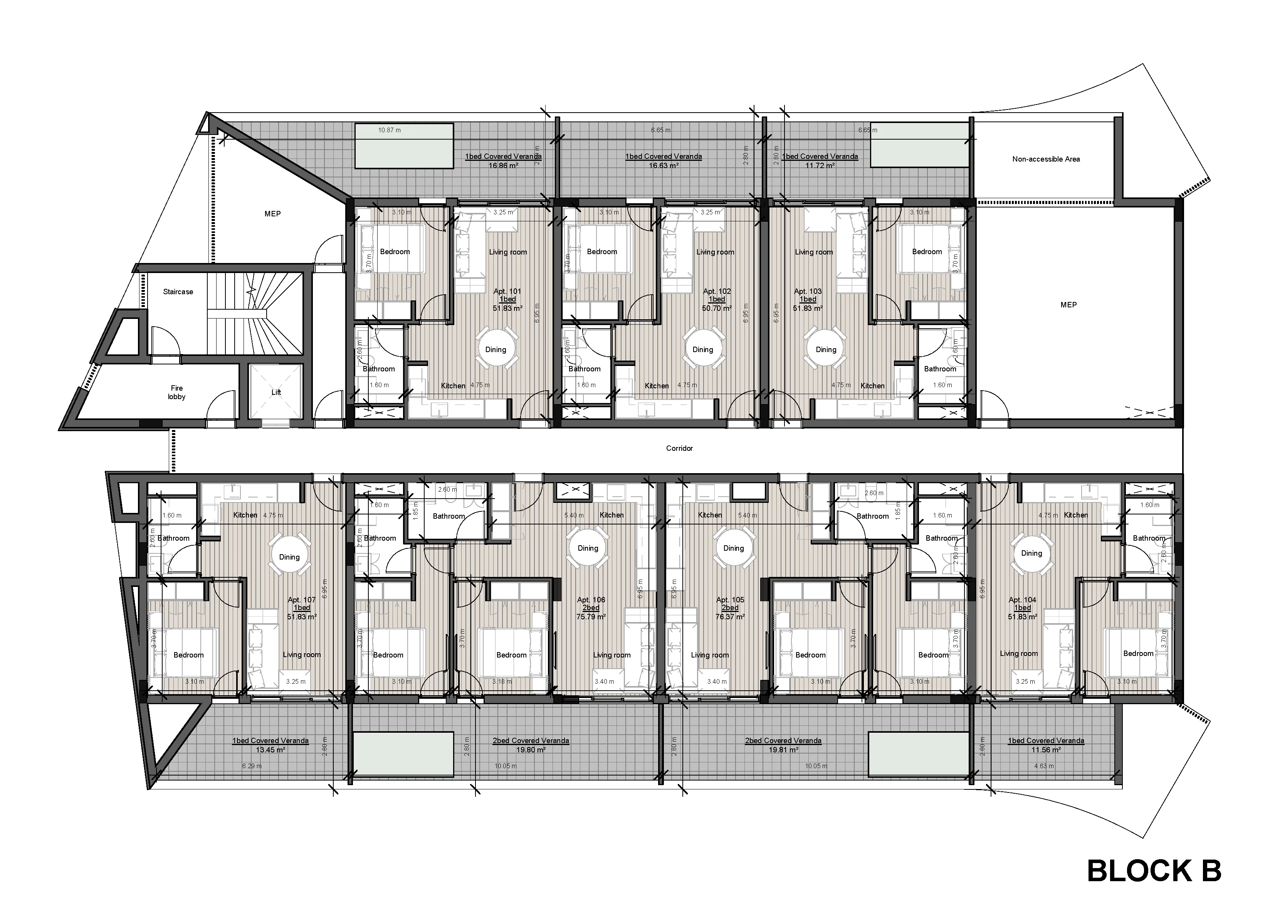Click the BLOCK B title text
coord(1154,871)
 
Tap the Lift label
coord(276,392)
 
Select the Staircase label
coord(178,292)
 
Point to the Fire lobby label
coord(176,392)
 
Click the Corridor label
coord(679,448)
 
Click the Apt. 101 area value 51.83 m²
coord(507,308)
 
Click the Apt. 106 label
coord(591,600)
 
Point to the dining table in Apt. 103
coord(826,349)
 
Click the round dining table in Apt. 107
coord(289,557)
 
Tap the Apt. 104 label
coord(1022,600)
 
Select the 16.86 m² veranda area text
coord(503,165)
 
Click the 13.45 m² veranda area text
coord(270,750)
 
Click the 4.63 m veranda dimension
coord(1040,766)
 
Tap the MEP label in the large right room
coord(1068,305)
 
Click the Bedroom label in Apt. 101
coord(395,252)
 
